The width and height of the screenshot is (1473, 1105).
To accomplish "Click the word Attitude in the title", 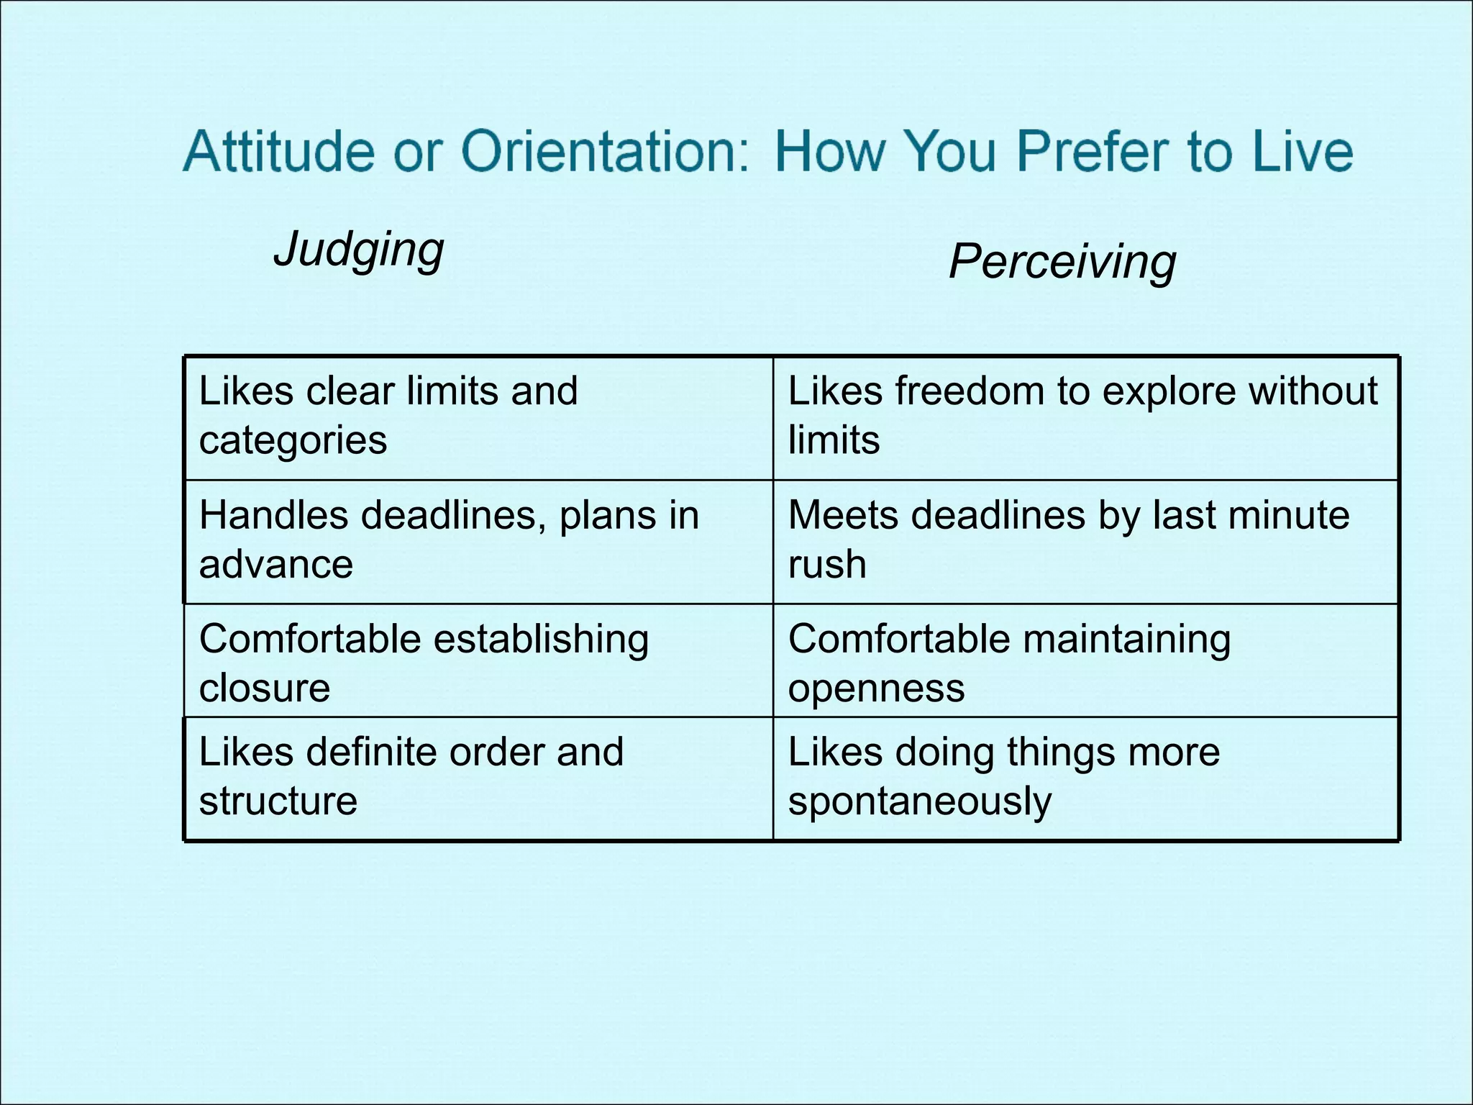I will point(279,151).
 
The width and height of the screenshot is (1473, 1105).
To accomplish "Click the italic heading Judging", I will point(359,250).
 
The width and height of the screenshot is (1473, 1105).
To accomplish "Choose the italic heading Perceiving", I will point(1062,261).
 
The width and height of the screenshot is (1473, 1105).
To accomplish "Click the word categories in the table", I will point(293,440).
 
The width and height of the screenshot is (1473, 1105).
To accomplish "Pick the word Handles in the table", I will point(274,515).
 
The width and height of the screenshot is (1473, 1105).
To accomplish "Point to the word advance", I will point(276,564).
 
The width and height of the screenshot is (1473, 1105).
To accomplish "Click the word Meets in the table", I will point(843,515).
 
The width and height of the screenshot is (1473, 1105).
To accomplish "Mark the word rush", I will point(827,564).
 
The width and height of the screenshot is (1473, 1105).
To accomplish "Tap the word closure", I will point(265,688).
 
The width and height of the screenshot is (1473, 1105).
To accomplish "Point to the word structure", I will point(278,801).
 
